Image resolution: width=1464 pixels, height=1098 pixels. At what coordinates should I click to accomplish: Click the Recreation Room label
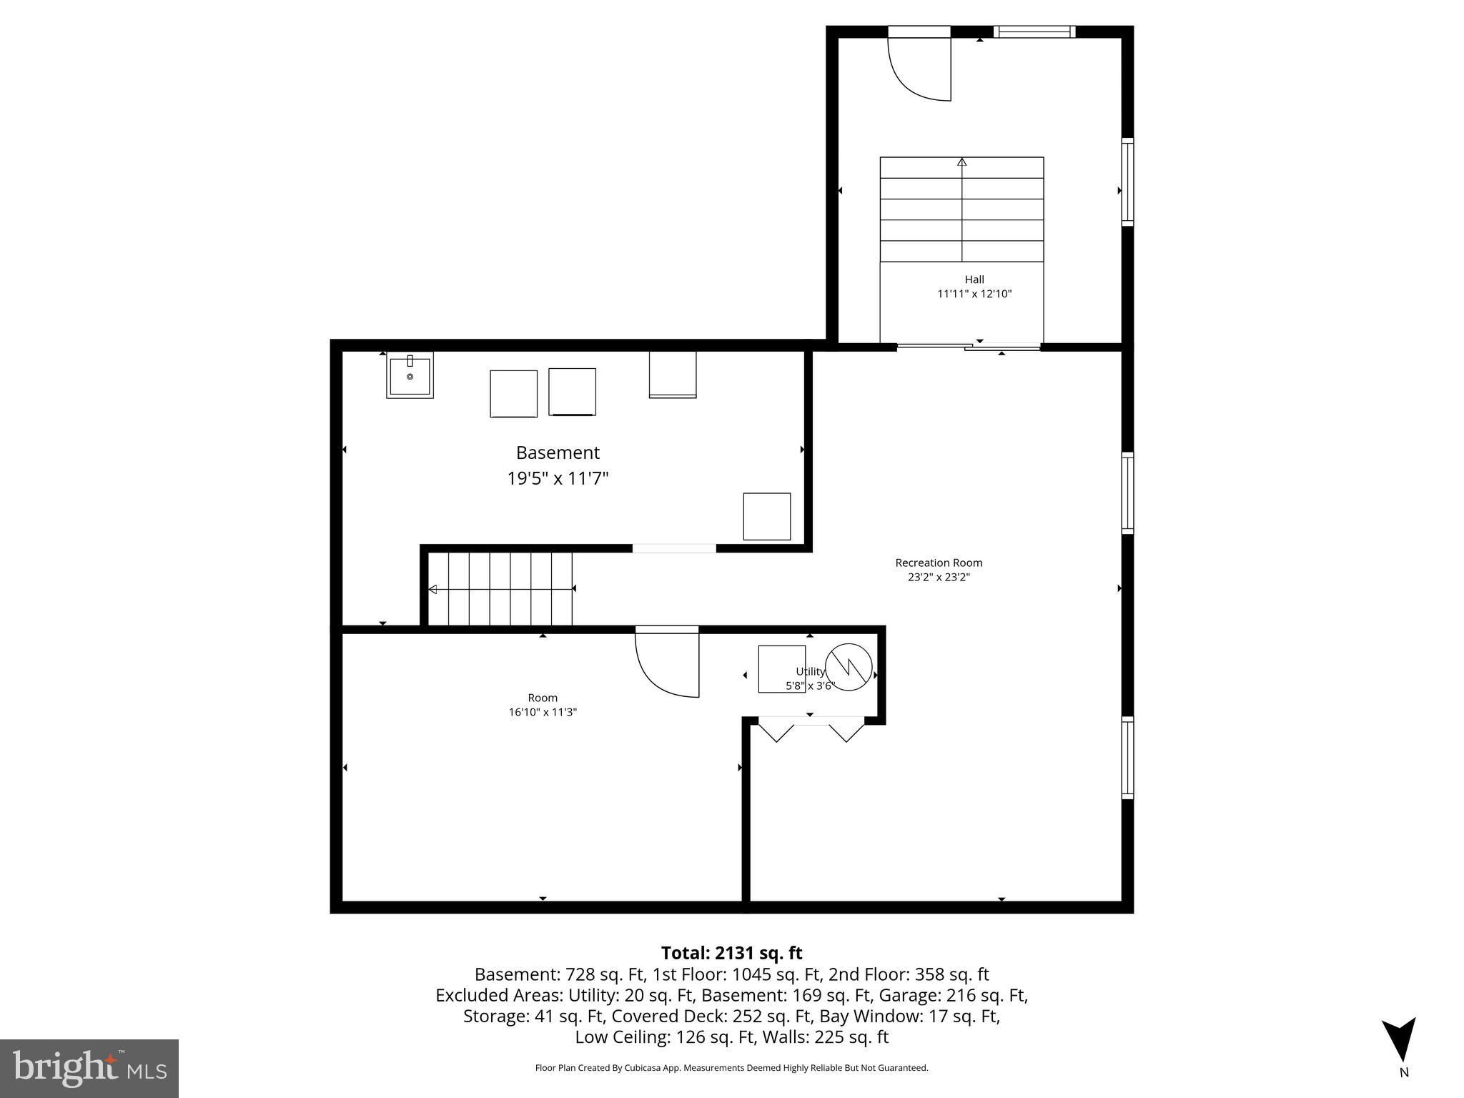pos(939,563)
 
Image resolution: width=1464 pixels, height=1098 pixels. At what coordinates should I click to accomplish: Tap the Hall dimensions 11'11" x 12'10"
pos(974,294)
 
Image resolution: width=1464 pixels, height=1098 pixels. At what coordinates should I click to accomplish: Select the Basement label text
pos(558,452)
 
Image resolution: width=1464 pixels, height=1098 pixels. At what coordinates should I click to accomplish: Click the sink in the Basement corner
pos(410,375)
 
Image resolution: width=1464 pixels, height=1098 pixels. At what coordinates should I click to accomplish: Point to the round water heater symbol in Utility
pos(849,667)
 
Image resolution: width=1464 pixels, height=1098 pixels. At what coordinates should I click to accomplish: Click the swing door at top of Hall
pos(920,68)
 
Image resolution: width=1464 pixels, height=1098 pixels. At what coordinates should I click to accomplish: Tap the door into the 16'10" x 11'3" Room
pos(667,663)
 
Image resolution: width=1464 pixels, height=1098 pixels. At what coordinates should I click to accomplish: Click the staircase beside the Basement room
pos(500,588)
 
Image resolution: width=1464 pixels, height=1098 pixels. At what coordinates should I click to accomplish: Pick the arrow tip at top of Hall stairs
pos(961,162)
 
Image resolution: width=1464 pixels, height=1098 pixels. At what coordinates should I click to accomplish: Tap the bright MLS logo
pos(89,1068)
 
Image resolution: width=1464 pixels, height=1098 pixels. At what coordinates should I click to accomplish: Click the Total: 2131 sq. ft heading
pos(731,953)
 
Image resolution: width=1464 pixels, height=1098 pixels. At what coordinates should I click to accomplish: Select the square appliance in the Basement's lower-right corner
pos(766,516)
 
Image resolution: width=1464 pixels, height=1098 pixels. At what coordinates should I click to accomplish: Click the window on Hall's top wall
pos(1034,31)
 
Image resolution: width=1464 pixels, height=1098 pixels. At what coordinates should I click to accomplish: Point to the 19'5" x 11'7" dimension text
pos(558,478)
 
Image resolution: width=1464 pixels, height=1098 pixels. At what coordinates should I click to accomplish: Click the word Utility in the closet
pos(810,671)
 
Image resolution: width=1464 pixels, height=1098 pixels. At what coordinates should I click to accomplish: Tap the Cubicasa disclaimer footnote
pos(731,1068)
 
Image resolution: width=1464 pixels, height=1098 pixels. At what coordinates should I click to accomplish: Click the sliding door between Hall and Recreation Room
pos(969,347)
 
